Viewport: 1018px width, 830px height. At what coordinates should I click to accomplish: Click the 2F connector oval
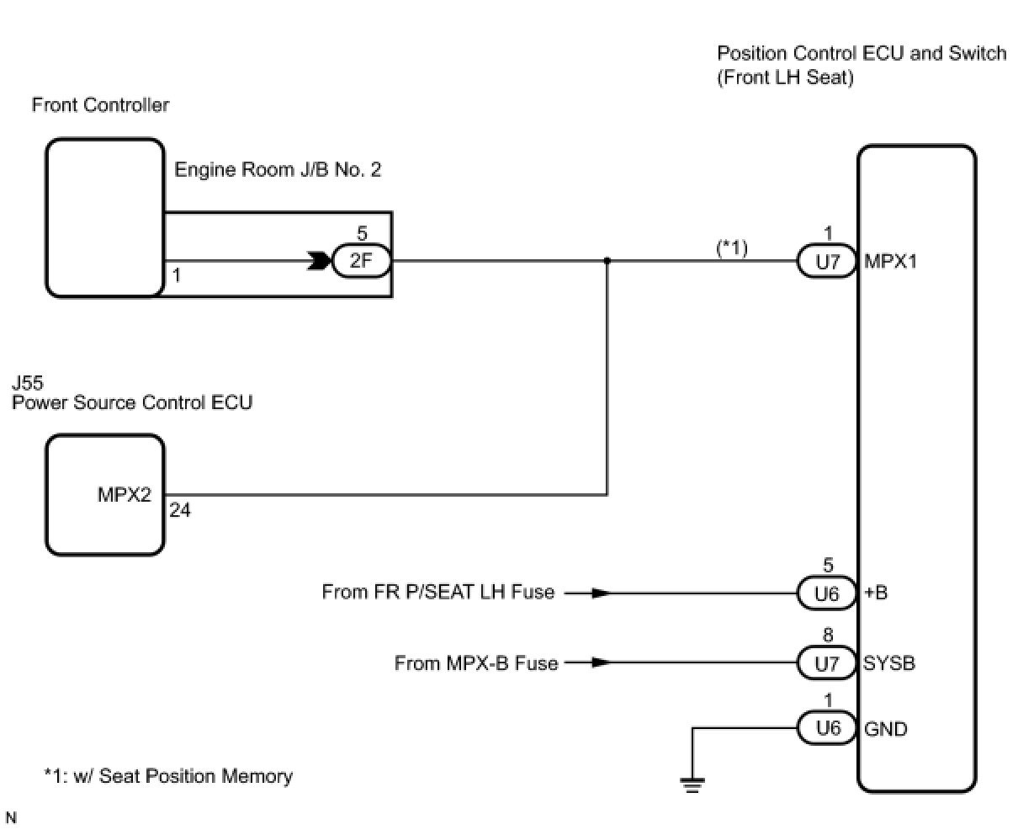click(361, 261)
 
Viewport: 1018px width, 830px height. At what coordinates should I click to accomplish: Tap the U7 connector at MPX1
click(827, 261)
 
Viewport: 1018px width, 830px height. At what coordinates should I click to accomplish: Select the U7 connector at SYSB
click(827, 663)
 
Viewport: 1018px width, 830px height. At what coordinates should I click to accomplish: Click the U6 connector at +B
click(827, 593)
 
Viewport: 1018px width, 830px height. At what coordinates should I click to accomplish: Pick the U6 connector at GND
click(827, 728)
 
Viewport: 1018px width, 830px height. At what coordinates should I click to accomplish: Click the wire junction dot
click(607, 261)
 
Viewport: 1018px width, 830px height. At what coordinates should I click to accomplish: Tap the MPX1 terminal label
click(890, 262)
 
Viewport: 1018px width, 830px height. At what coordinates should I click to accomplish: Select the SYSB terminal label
click(889, 663)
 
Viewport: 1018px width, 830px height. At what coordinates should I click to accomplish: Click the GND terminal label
click(885, 729)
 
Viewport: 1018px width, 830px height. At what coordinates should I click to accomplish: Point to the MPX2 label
click(125, 494)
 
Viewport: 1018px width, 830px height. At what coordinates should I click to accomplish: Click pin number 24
click(180, 511)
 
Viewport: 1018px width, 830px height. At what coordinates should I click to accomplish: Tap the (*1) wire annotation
click(732, 247)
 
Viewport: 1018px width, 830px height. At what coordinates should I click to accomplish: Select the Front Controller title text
click(100, 104)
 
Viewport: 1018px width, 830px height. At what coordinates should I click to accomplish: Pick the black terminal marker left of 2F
click(319, 261)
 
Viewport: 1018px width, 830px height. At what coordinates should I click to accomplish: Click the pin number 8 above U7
click(828, 635)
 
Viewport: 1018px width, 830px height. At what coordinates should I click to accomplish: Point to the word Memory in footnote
click(257, 776)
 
